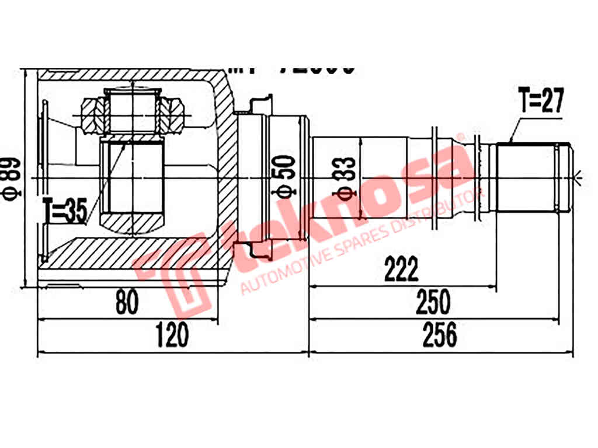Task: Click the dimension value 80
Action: click(x=128, y=303)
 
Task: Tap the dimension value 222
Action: click(x=401, y=269)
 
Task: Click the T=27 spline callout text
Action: click(x=540, y=101)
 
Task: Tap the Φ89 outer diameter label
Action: click(x=13, y=178)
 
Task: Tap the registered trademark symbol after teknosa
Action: click(x=460, y=138)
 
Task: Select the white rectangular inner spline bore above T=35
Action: click(x=133, y=178)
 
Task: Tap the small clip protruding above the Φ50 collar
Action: click(x=260, y=104)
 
